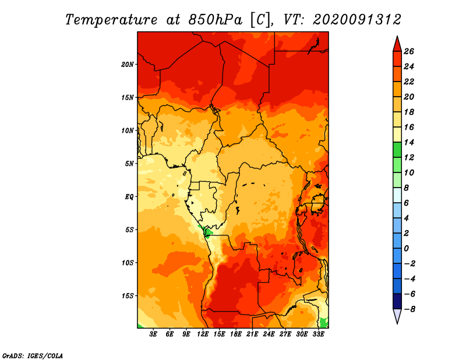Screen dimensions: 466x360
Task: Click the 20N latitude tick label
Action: (x=127, y=65)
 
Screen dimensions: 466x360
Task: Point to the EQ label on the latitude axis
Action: (x=129, y=197)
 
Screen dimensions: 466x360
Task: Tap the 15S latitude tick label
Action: (x=127, y=296)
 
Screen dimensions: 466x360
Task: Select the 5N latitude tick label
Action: (x=129, y=164)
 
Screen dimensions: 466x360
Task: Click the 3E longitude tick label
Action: (x=153, y=334)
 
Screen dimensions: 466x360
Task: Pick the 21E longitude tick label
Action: (x=252, y=334)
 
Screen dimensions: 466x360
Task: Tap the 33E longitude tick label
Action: (x=318, y=334)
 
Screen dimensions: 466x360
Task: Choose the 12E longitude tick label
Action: (x=202, y=334)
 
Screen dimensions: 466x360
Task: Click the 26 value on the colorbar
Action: (x=409, y=51)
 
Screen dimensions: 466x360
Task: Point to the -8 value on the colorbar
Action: (x=409, y=309)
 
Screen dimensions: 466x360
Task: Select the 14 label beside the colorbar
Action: (x=409, y=142)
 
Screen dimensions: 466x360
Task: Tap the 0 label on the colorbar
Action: (x=406, y=249)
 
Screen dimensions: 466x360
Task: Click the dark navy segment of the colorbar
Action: (x=397, y=301)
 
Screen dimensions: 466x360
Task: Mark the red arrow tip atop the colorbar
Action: (x=397, y=36)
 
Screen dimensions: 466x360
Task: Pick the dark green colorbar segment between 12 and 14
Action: (x=397, y=150)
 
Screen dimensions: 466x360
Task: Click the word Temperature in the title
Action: (x=111, y=20)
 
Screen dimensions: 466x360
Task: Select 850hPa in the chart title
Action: (x=216, y=20)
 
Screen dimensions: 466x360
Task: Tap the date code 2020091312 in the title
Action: (x=357, y=20)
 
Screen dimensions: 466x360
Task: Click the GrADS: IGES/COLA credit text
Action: (x=33, y=356)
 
